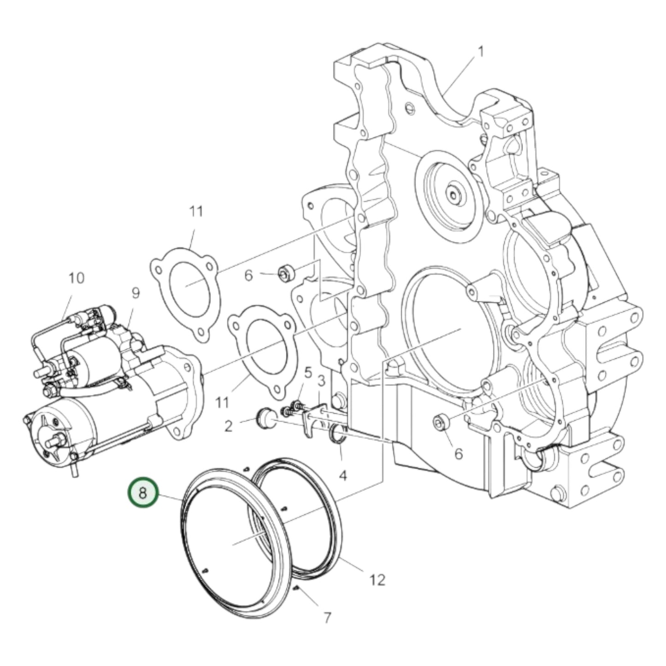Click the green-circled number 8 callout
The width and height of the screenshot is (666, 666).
[143, 493]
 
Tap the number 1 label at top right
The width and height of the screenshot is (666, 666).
[480, 52]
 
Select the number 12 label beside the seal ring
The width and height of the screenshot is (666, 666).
[377, 579]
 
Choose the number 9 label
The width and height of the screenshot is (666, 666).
[135, 293]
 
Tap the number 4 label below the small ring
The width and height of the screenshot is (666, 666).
[342, 475]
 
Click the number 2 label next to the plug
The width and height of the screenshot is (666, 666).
[229, 426]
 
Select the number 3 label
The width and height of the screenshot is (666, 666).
[321, 381]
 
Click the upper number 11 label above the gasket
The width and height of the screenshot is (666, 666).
[196, 212]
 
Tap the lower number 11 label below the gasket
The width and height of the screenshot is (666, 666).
[222, 403]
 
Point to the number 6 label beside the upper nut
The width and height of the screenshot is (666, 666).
[248, 275]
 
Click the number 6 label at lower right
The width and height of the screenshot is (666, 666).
[458, 454]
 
